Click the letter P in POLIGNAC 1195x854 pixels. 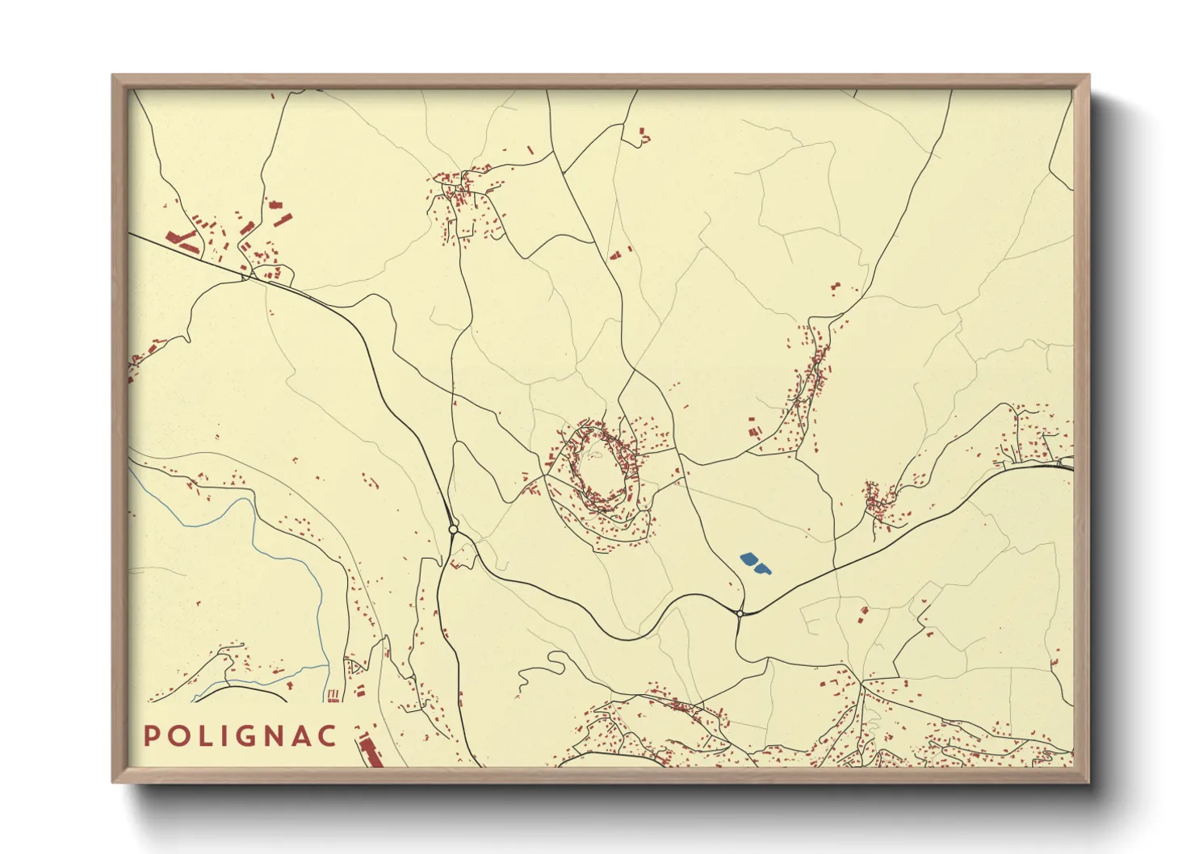point(151,736)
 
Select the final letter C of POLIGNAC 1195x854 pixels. point(327,736)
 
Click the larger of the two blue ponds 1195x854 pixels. point(749,559)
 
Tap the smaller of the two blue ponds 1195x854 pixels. point(762,569)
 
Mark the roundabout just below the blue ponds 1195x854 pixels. point(740,613)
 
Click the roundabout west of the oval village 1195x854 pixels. point(453,530)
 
